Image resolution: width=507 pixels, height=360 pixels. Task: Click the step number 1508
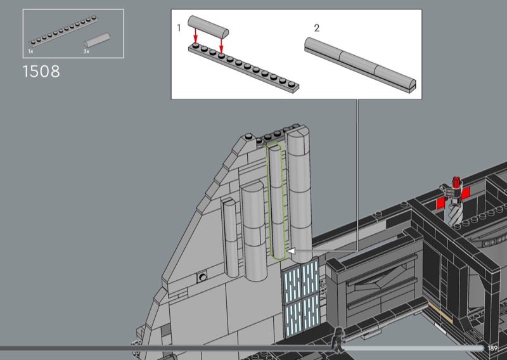click(41, 71)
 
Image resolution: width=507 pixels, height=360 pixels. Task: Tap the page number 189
click(492, 349)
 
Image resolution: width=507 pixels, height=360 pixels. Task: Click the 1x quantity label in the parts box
click(30, 51)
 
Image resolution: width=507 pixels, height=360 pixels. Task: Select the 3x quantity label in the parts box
click(86, 51)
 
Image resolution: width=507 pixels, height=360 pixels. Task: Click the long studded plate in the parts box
click(64, 30)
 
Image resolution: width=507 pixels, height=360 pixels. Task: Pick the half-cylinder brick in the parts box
click(97, 41)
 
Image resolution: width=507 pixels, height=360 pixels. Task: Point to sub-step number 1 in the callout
click(179, 28)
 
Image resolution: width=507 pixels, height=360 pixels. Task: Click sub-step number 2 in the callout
click(316, 28)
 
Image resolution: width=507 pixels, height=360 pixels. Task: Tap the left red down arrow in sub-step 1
click(195, 35)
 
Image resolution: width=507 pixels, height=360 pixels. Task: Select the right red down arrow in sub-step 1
click(221, 45)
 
